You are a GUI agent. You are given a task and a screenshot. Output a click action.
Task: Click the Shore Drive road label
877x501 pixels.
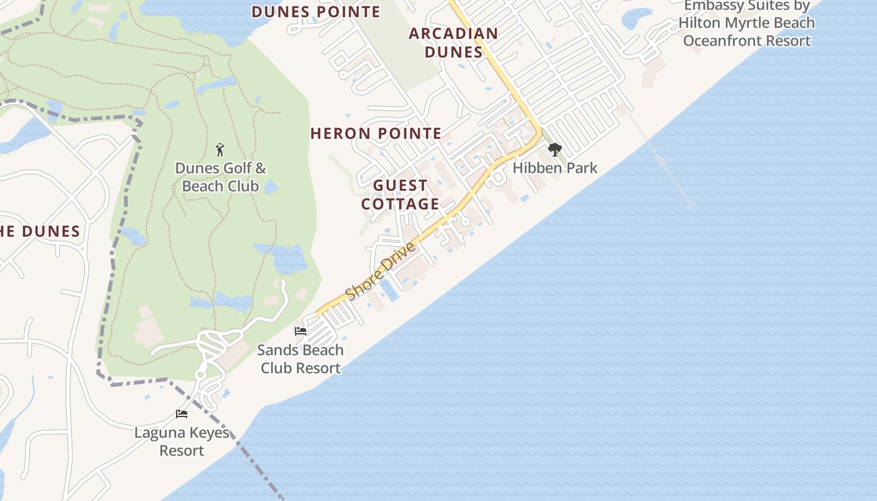pos(381,271)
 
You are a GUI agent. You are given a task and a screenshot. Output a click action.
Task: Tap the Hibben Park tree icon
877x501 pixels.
pos(554,150)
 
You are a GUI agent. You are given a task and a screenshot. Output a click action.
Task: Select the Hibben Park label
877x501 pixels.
pos(555,168)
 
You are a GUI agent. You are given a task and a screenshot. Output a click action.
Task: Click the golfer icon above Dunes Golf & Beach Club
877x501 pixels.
pos(220,150)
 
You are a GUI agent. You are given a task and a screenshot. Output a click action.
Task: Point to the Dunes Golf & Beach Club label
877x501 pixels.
pos(221,177)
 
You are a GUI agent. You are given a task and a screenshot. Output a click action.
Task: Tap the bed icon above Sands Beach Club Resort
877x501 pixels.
pos(301,331)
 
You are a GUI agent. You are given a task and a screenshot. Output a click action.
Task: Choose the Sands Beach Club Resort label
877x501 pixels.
pos(301,359)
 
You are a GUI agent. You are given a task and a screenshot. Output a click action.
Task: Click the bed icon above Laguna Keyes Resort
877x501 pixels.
pos(182,414)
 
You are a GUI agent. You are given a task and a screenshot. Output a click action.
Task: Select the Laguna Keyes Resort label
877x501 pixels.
pos(182,442)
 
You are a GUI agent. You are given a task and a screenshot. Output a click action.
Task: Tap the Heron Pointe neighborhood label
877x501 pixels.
pos(376,133)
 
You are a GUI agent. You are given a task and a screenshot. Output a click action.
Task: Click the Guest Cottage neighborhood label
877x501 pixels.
pos(400,195)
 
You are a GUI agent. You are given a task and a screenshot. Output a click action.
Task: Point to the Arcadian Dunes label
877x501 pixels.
pos(454,43)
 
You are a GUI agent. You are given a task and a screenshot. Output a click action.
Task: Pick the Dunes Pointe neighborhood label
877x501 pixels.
pos(316,12)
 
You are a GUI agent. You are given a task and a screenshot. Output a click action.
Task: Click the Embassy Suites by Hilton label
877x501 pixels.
pos(747,23)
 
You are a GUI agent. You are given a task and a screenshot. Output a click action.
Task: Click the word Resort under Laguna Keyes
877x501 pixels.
pos(182,451)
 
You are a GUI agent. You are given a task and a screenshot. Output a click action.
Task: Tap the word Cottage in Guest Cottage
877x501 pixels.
pos(400,204)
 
